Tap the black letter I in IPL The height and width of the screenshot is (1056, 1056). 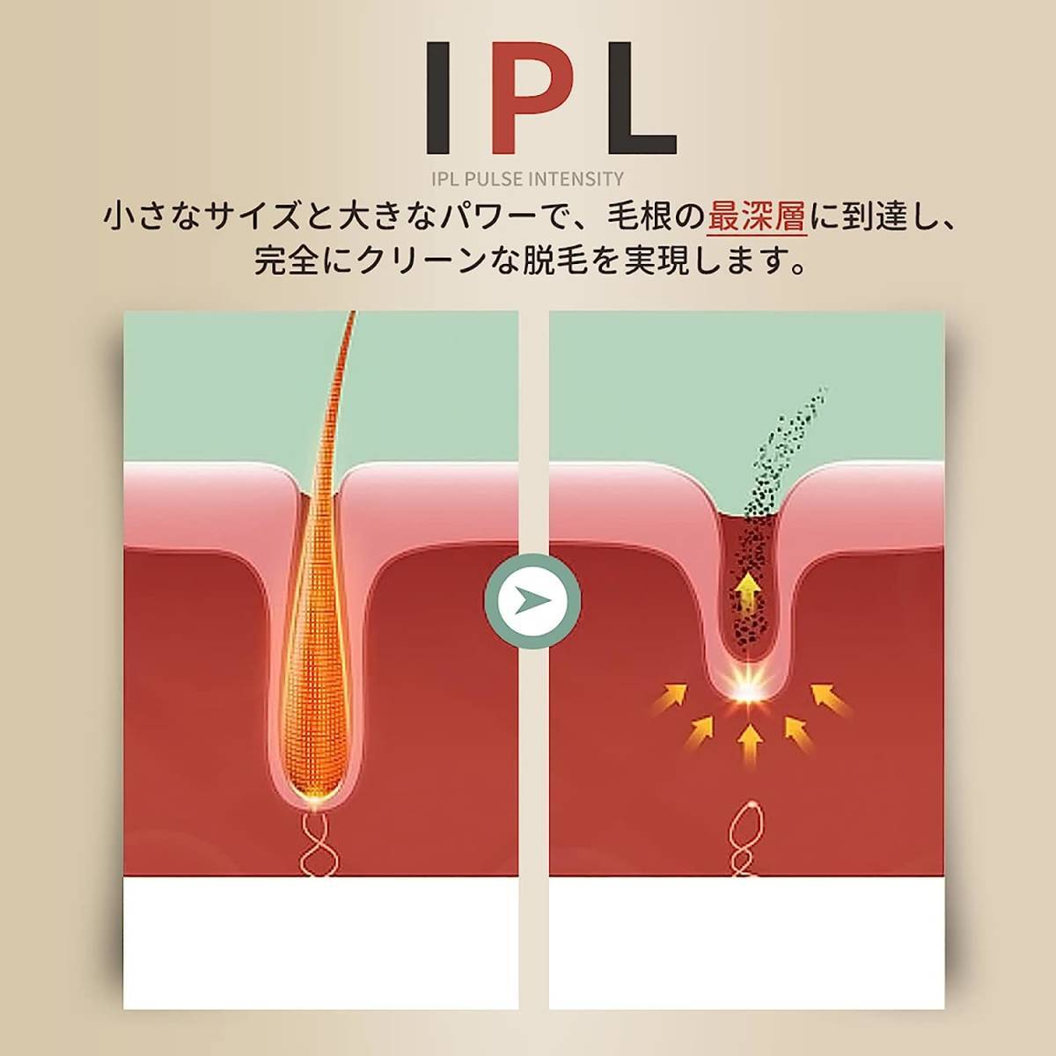point(438,98)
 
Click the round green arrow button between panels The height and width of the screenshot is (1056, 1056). point(532,601)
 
